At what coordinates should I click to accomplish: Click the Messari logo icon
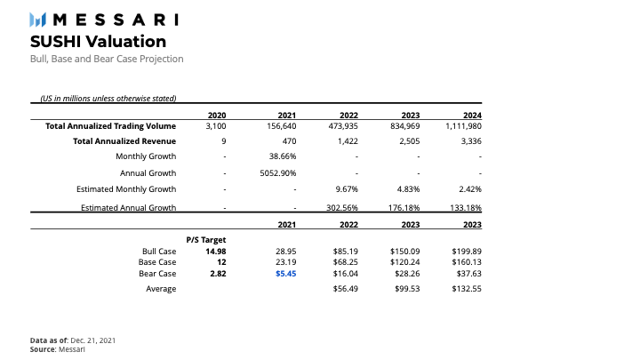coord(38,19)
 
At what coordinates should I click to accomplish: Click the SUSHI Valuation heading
coord(98,41)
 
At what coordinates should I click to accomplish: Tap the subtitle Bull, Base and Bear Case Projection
coord(107,59)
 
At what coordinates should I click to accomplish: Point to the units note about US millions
coord(108,98)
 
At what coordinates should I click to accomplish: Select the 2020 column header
coord(216,116)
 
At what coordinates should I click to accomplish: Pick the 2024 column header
coord(472,116)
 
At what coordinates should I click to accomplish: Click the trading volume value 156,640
coord(281,126)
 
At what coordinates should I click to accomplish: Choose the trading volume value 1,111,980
coord(462,126)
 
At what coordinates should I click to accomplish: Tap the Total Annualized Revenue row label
coord(124,140)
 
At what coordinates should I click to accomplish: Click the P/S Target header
coord(206,240)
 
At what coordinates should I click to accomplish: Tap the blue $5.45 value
coord(285,275)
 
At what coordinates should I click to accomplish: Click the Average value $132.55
coord(467,289)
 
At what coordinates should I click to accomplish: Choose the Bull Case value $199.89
coord(467,252)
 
